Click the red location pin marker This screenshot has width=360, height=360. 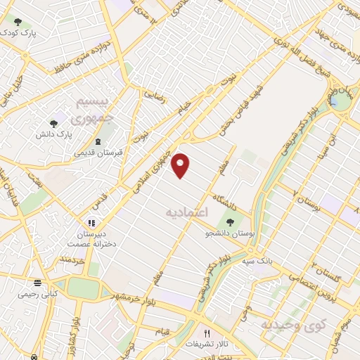(x=181, y=166)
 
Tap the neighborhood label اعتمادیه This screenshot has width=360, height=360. (x=188, y=211)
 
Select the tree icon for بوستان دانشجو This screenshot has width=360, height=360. (x=230, y=222)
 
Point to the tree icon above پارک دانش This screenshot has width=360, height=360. (x=53, y=124)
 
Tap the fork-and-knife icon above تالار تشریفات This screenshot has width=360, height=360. (x=206, y=333)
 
